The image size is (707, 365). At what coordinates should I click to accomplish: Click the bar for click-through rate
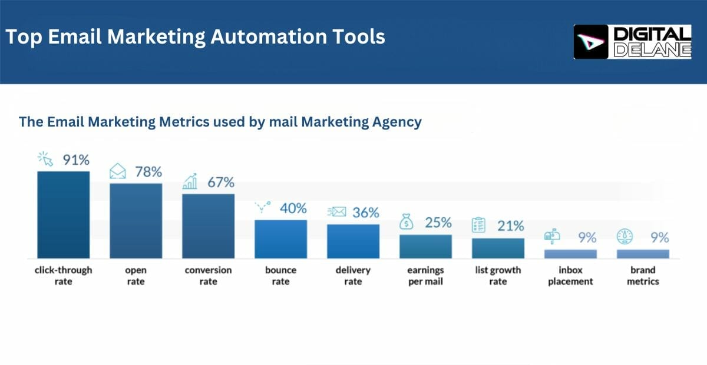tap(64, 215)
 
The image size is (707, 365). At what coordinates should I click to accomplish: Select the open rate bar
tap(136, 221)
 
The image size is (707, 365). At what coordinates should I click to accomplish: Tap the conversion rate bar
tap(209, 226)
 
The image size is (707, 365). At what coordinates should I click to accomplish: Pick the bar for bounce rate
tap(281, 239)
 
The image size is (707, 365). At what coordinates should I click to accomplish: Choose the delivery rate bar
tap(353, 241)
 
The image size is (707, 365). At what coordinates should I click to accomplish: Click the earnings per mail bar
tap(426, 246)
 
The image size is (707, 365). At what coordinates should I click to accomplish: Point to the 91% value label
tap(76, 160)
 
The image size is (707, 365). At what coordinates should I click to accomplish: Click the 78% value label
tap(148, 172)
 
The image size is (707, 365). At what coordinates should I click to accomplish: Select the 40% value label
tap(293, 208)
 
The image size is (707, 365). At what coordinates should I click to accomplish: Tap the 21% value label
tap(510, 225)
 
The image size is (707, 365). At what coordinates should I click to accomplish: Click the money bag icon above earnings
tap(406, 223)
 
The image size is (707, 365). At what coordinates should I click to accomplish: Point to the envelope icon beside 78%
tap(118, 172)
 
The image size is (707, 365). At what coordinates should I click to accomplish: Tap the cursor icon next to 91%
tap(45, 160)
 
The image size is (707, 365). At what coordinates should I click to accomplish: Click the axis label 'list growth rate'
tap(498, 276)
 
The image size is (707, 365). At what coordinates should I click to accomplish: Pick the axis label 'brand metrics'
tap(643, 276)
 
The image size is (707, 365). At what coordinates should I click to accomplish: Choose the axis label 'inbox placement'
tap(570, 276)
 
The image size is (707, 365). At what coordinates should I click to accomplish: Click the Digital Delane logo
tap(632, 42)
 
